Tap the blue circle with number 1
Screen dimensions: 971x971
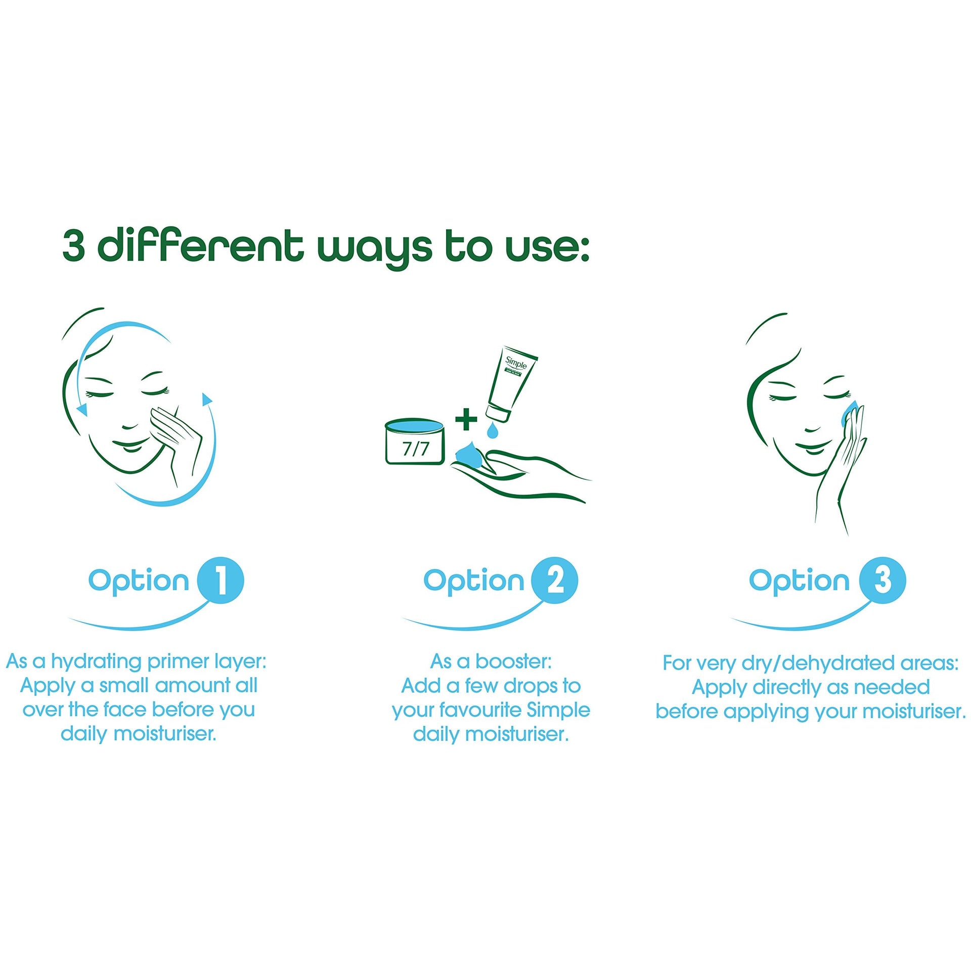point(220,580)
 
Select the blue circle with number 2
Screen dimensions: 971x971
point(555,580)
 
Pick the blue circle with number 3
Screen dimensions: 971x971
point(882,580)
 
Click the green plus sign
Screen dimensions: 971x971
point(466,420)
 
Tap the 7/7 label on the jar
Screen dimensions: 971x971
point(415,449)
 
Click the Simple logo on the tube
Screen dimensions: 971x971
point(516,362)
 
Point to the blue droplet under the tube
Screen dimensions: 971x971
point(492,430)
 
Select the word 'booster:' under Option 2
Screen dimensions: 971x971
point(513,661)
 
